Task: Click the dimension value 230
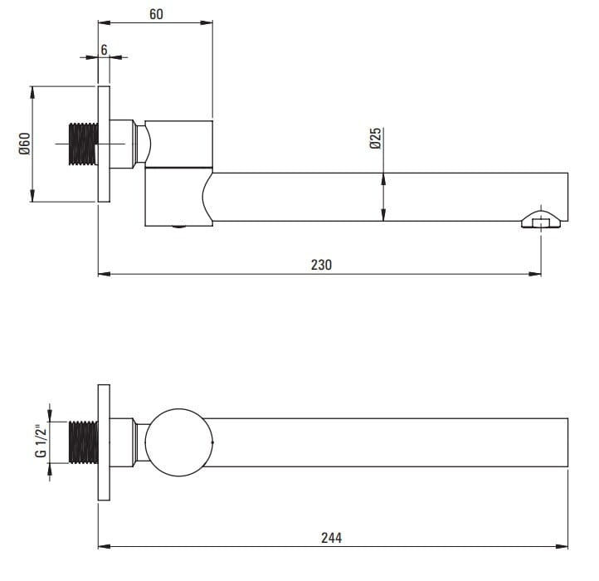click(321, 265)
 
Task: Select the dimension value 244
click(331, 538)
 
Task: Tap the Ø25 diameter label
click(376, 138)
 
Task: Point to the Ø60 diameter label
click(24, 144)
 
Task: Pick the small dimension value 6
click(104, 50)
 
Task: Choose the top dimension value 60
click(156, 14)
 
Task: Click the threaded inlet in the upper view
click(83, 144)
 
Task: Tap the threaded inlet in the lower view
click(83, 442)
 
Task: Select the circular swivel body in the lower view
click(178, 442)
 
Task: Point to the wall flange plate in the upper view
click(104, 144)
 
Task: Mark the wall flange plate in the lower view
click(104, 442)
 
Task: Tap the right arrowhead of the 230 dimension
click(535, 274)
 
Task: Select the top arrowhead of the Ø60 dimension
click(32, 92)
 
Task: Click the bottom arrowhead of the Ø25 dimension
click(383, 215)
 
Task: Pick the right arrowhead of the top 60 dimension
click(207, 22)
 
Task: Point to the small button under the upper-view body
click(178, 227)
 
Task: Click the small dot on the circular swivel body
click(212, 442)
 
